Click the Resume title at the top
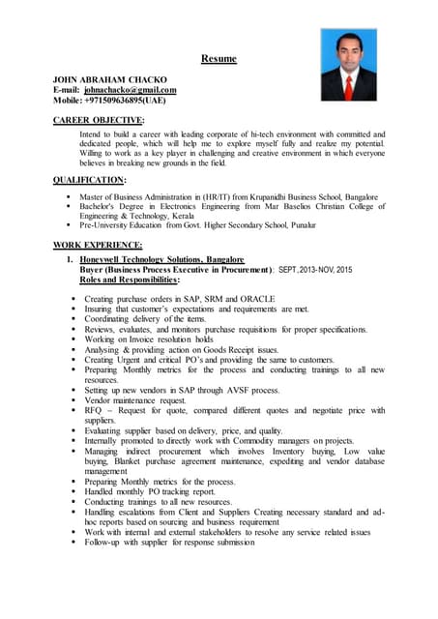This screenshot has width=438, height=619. (219, 59)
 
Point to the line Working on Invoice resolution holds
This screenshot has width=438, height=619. (148, 339)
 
